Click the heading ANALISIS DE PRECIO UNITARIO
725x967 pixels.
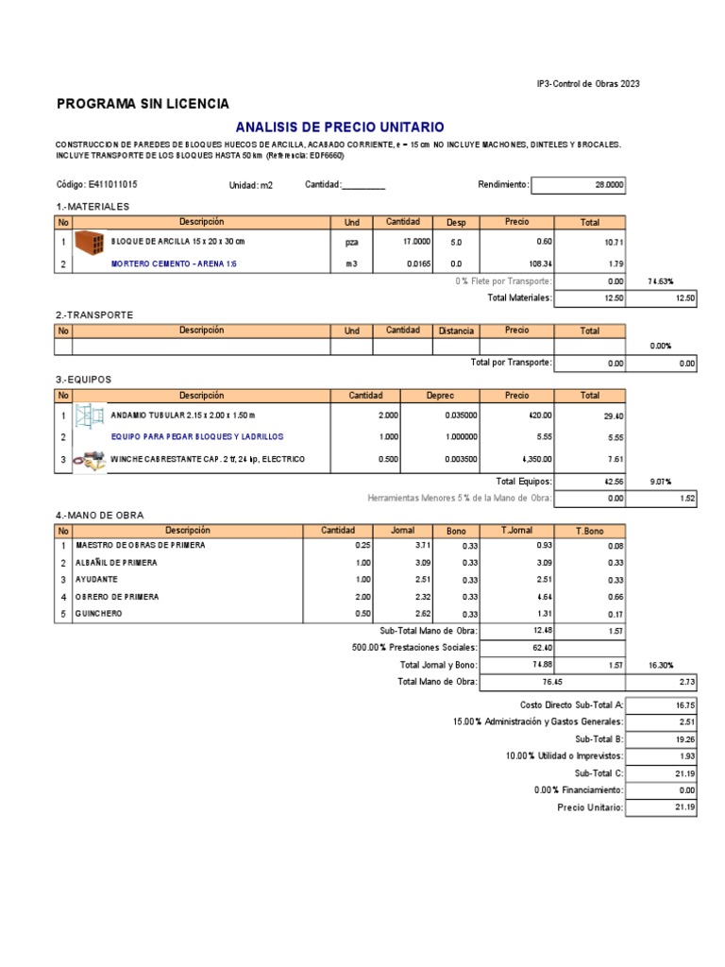(339, 127)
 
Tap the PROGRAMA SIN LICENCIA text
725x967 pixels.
(143, 103)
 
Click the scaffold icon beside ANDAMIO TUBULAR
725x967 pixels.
(90, 415)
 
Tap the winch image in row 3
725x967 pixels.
(90, 460)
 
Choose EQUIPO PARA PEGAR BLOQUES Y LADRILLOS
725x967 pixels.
(196, 437)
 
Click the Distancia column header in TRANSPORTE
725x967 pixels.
(456, 331)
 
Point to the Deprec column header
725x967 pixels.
(441, 396)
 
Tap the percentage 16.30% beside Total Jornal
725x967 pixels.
(660, 666)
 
